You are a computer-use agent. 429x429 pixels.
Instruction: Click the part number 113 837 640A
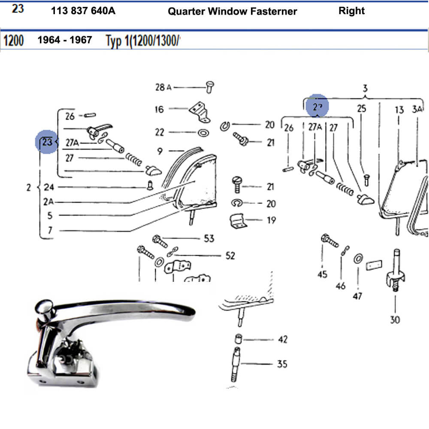[x=83, y=11]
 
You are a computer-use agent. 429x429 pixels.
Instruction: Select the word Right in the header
[x=351, y=11]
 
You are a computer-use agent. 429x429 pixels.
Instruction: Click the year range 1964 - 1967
[x=65, y=40]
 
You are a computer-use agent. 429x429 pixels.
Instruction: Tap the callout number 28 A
[x=163, y=87]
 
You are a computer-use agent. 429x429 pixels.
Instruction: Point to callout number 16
[x=159, y=109]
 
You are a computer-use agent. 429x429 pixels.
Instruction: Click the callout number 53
[x=209, y=238]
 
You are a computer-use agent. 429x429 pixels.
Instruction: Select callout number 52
[x=230, y=256]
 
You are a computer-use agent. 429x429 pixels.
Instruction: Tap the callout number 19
[x=271, y=220]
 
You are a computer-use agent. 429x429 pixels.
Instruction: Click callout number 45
[x=323, y=274]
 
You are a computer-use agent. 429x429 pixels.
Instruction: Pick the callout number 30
[x=395, y=320]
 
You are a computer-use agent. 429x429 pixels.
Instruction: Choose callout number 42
[x=282, y=339]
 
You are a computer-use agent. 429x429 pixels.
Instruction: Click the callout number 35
[x=282, y=364]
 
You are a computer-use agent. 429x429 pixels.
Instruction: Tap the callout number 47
[x=357, y=296]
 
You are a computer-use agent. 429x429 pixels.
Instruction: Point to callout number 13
[x=399, y=110]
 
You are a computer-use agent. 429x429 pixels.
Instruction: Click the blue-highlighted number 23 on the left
[x=46, y=142]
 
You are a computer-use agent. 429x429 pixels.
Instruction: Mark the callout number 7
[x=50, y=230]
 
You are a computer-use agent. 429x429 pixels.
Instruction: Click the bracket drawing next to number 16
[x=199, y=111]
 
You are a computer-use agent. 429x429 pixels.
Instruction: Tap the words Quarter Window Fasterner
[x=232, y=12]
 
